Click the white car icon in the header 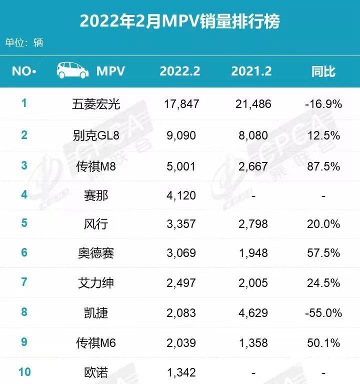73,70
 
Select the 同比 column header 323,71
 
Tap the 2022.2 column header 180,71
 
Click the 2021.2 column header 251,71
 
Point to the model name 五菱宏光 96,104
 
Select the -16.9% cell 323,104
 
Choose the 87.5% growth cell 325,165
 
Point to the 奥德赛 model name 96,253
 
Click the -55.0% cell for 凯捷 323,313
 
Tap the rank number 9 24,342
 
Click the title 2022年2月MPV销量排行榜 180,21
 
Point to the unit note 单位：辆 24,42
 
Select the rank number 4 24,195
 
